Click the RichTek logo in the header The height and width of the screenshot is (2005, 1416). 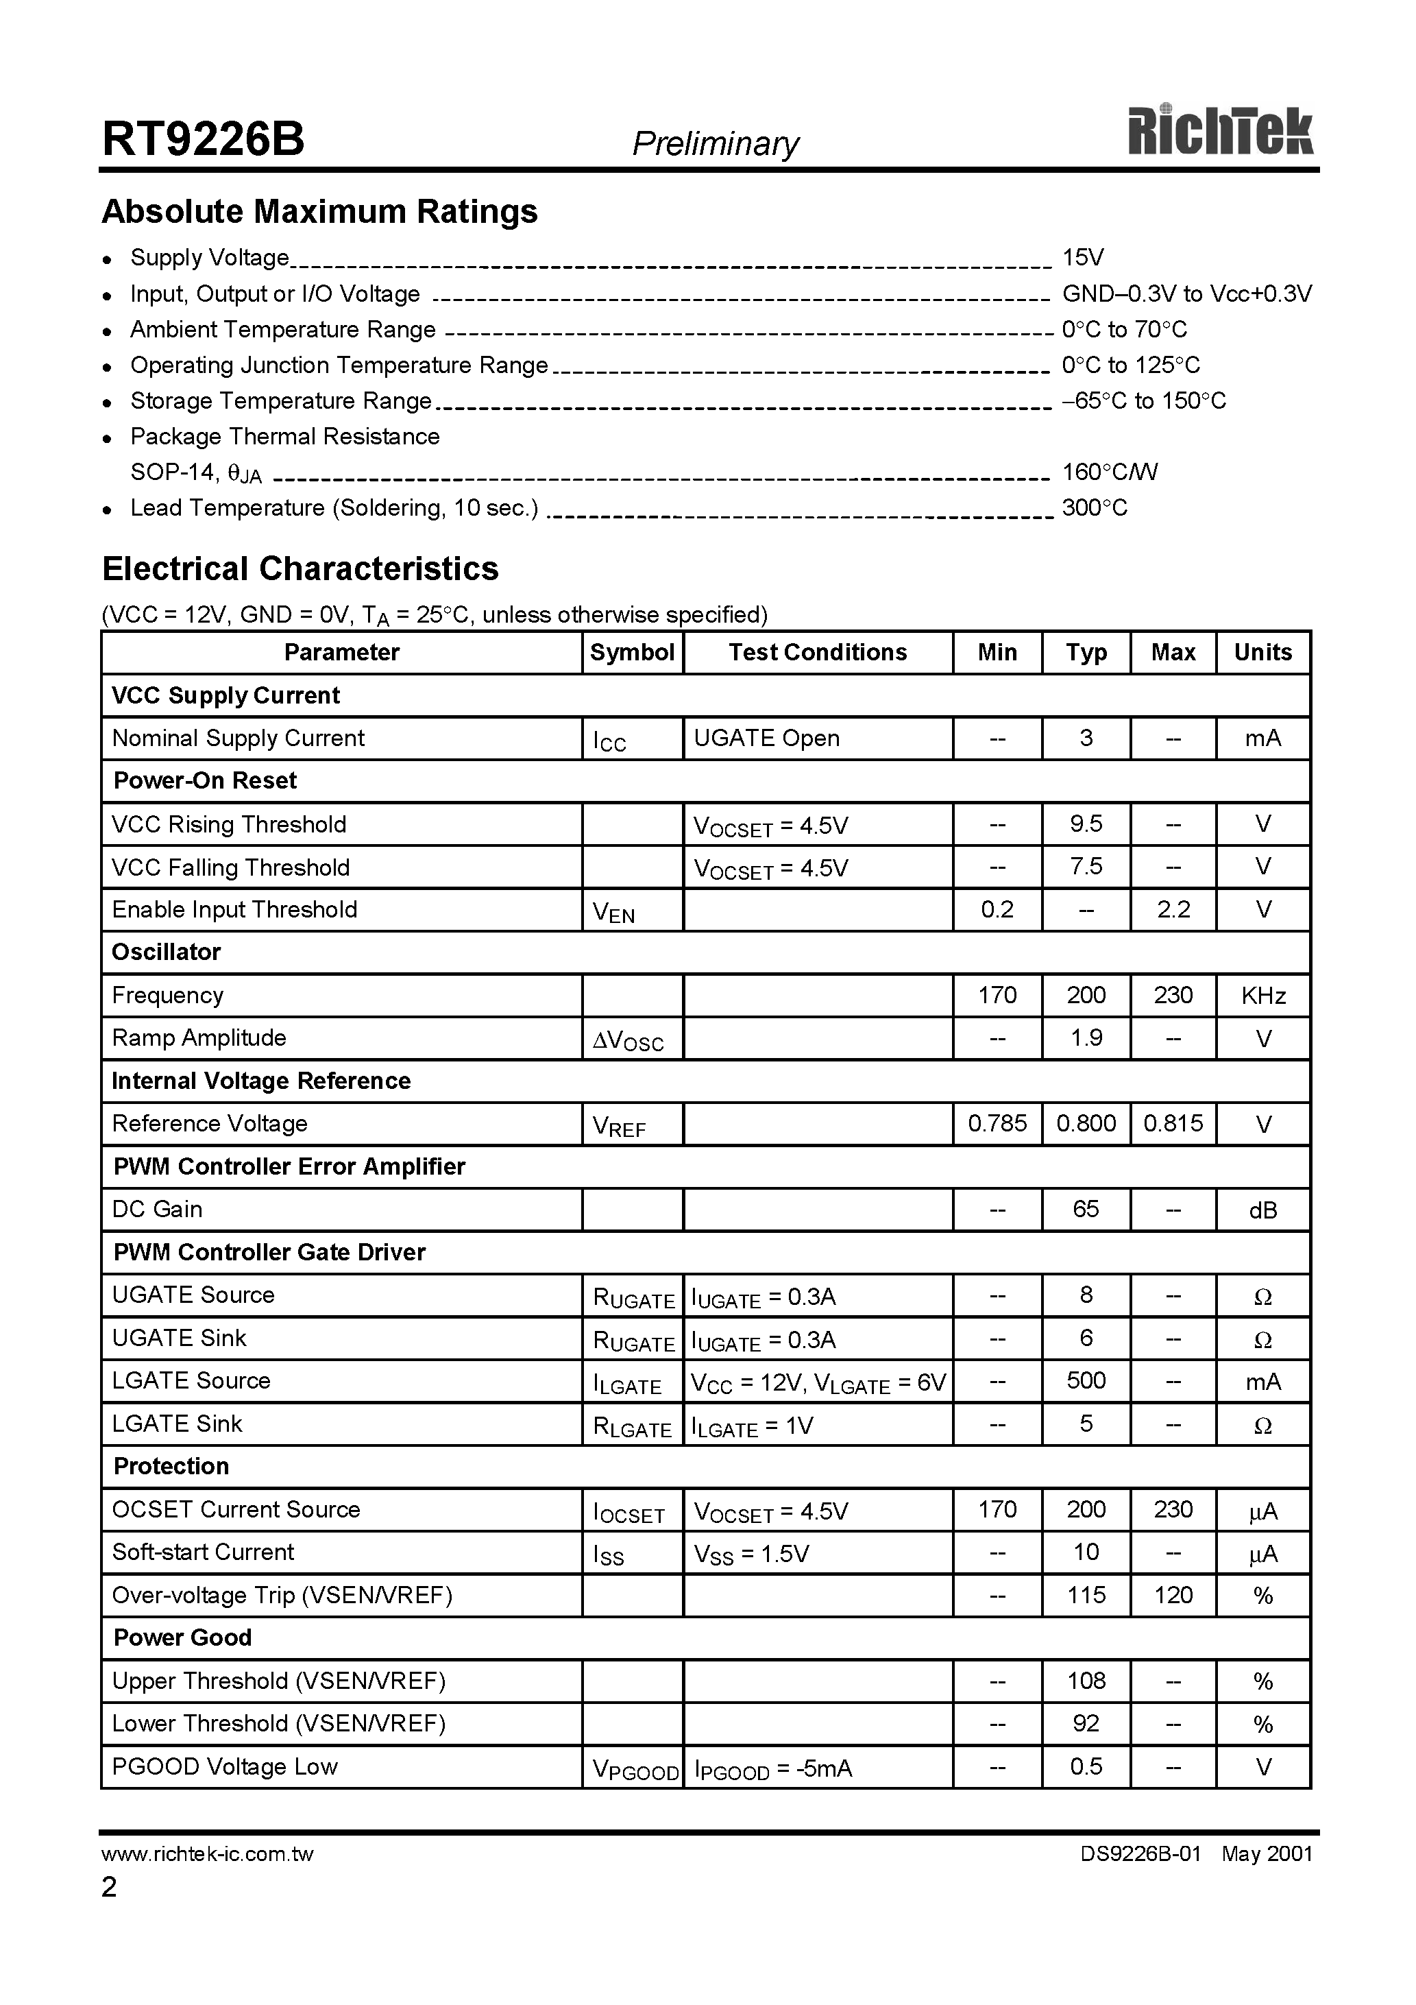point(1219,133)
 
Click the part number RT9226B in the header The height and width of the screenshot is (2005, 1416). point(204,139)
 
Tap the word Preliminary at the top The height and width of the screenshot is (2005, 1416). point(715,143)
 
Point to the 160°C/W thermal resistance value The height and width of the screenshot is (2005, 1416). point(1109,472)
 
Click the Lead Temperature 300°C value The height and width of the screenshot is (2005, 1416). point(1094,508)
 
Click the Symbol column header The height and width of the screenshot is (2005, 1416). point(632,652)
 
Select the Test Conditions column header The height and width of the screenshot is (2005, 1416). point(817,652)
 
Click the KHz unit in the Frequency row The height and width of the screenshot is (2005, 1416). point(1262,996)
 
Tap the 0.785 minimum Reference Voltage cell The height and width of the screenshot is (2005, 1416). point(997,1123)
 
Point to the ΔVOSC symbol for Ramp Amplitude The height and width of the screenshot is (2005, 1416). point(628,1040)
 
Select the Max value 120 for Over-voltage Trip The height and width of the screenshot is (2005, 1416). point(1173,1596)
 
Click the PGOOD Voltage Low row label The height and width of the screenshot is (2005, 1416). point(224,1766)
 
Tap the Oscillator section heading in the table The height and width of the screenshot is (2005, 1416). point(166,952)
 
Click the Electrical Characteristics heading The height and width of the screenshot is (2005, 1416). point(300,568)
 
